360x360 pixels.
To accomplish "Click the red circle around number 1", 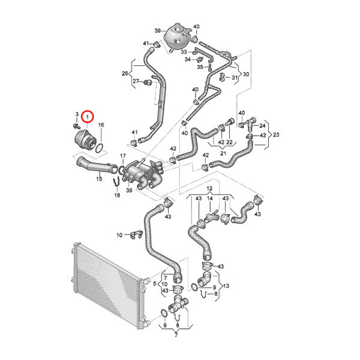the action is tap(88, 116).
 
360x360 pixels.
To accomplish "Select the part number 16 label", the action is tap(101, 125).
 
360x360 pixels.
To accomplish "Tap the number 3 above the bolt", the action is tap(77, 114).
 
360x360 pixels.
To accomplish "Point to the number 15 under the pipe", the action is tap(99, 178).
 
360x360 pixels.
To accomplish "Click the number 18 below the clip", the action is tap(117, 195).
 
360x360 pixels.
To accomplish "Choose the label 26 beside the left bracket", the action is tap(125, 73).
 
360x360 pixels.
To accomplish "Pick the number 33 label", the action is tap(184, 52).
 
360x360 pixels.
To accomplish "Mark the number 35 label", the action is tap(200, 67).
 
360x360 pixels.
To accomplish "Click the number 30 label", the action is tap(246, 74).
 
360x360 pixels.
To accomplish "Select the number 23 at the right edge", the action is tap(276, 134).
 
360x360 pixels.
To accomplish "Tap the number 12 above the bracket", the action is tap(209, 189).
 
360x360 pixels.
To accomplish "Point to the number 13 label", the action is tap(226, 286).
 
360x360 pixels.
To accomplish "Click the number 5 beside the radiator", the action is tap(155, 284).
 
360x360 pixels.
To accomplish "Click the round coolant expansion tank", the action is tap(176, 35).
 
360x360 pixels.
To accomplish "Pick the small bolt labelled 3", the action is tap(76, 126).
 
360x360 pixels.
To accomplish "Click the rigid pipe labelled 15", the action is tap(97, 166).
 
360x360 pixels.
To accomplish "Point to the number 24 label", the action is tap(262, 125).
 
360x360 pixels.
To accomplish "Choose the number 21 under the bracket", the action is tap(223, 153).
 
